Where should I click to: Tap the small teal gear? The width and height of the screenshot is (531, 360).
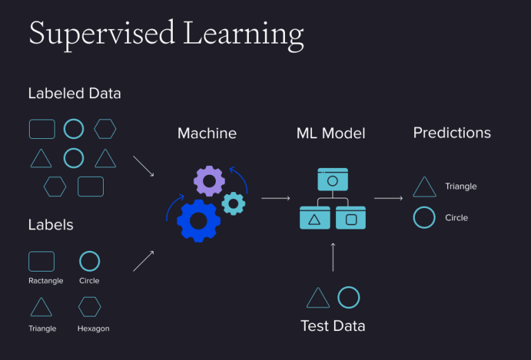[227, 204]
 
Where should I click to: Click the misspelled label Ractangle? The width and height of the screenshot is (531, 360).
[46, 281]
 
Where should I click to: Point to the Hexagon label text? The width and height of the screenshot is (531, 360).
[93, 328]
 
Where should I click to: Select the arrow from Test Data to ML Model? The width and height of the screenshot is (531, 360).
[333, 257]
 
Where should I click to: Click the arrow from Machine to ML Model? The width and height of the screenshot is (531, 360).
[276, 198]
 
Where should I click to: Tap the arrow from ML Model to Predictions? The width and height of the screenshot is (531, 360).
[389, 198]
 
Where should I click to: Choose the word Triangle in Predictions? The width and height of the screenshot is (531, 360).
[461, 187]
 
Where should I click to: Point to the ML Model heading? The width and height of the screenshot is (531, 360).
[331, 133]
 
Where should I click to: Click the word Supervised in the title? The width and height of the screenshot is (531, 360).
[102, 34]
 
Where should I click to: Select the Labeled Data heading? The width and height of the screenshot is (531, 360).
[75, 93]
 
